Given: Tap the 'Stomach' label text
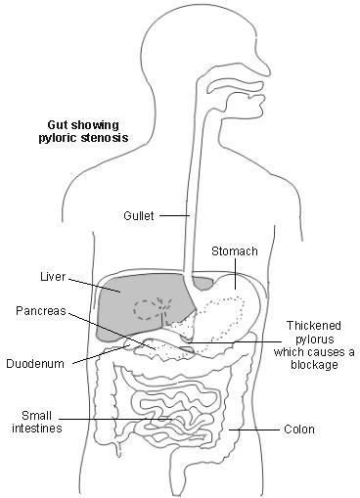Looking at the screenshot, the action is click(235, 251).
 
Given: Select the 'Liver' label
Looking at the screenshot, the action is click(53, 276).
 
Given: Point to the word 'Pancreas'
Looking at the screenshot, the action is click(41, 311).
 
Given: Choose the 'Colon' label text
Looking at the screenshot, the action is click(298, 430).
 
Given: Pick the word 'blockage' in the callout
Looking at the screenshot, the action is click(311, 365).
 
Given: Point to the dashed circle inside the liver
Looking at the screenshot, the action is click(149, 309).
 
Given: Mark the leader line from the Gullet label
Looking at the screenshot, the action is click(173, 214).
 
